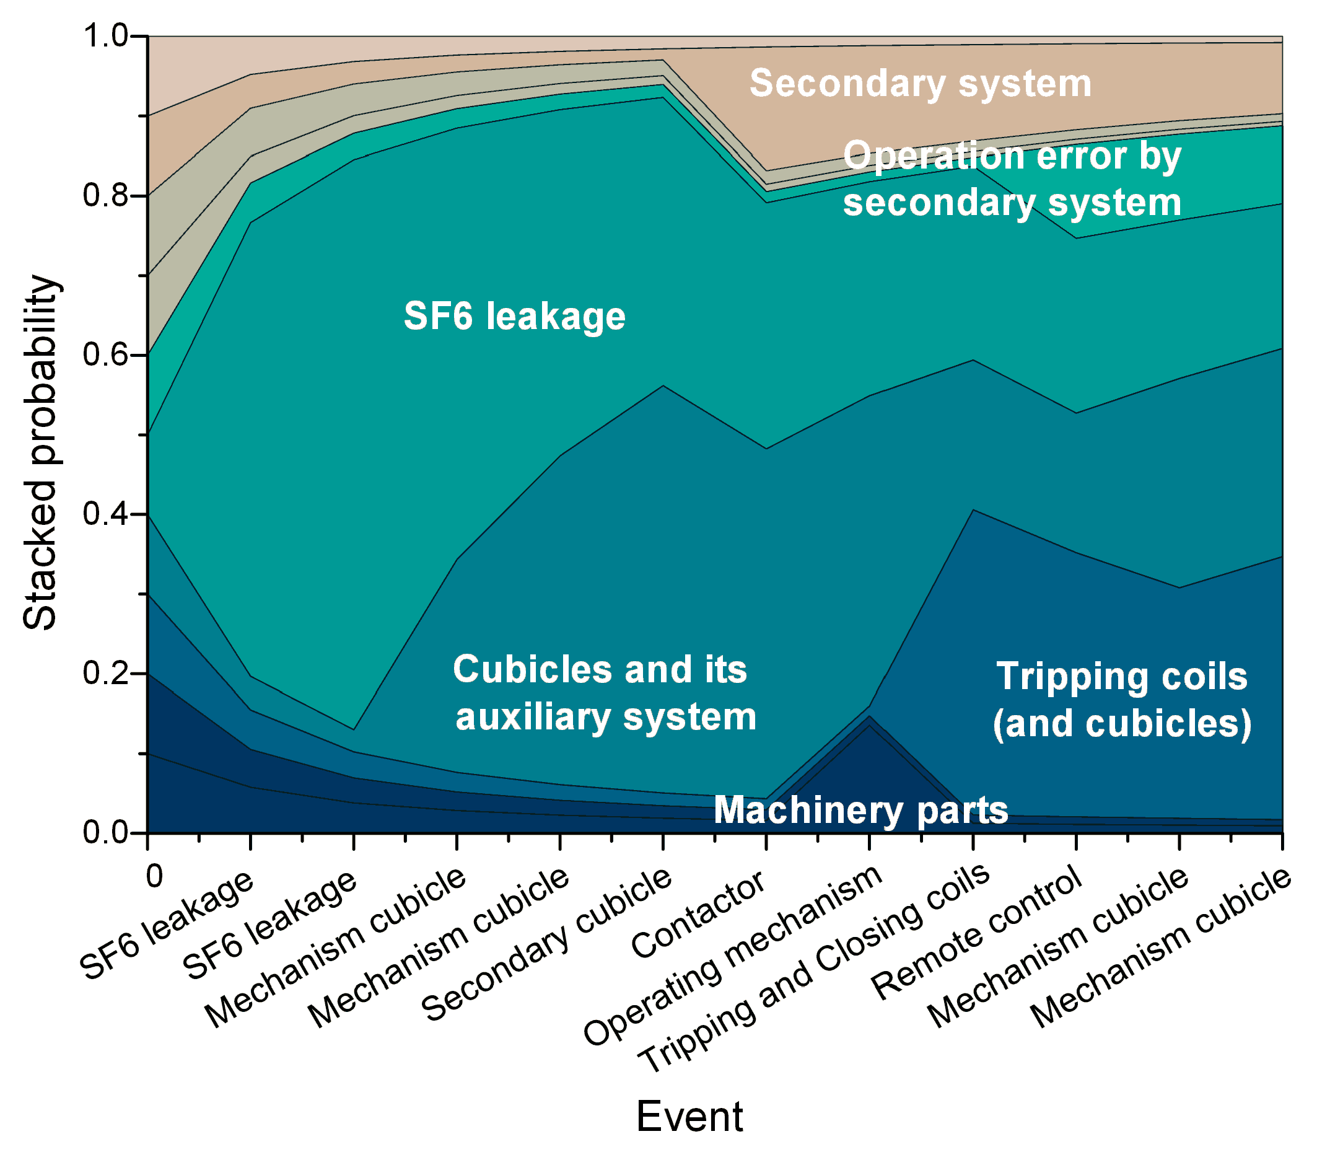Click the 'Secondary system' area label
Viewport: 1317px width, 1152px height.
tap(920, 84)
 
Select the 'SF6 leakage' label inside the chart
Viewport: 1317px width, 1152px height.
tap(514, 315)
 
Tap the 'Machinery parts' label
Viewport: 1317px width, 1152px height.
tap(860, 809)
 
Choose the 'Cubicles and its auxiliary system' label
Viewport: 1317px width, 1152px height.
tap(604, 692)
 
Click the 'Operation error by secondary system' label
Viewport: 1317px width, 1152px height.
tap(1012, 178)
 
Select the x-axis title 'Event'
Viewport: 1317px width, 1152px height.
tap(689, 1117)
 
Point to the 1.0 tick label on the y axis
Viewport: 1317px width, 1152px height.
tap(106, 36)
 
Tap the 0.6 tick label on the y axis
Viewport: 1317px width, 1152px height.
tap(106, 355)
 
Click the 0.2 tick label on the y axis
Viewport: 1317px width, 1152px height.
tap(106, 673)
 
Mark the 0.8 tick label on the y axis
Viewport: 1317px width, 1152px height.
tap(106, 195)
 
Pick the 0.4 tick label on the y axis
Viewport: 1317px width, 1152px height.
tap(106, 514)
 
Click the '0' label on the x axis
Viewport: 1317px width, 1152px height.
tap(155, 876)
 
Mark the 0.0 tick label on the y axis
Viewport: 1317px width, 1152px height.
tap(106, 832)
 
